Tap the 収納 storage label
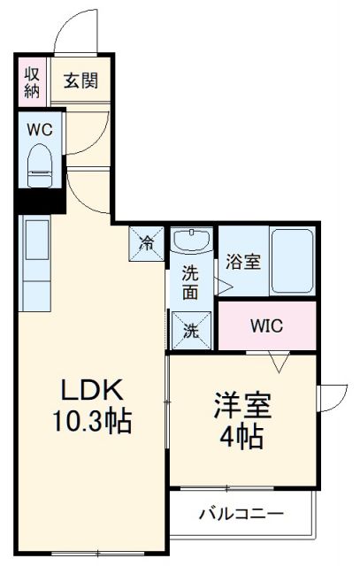coord(32,80)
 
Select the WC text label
coord(39,129)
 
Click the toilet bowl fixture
coord(41,165)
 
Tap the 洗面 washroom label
coord(192,281)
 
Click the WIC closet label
coord(265,325)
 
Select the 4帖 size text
coord(241,436)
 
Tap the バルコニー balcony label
coord(241,513)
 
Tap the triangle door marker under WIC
coord(281,362)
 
